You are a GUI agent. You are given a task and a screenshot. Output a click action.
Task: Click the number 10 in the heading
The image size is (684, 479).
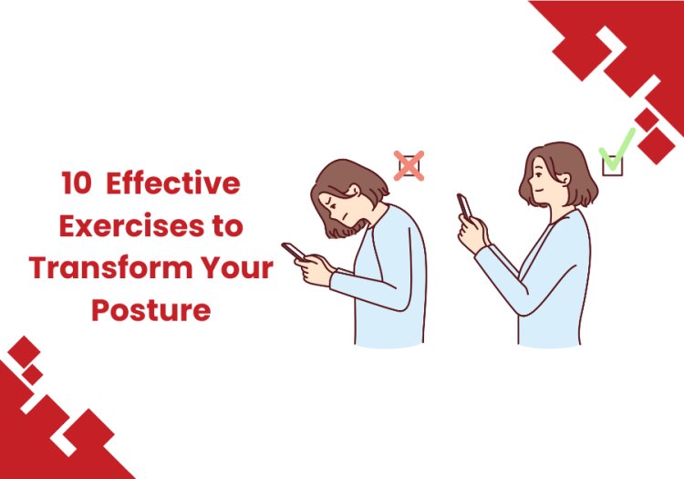tap(76, 183)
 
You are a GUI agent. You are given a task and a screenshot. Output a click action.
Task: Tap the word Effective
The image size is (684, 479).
tap(173, 182)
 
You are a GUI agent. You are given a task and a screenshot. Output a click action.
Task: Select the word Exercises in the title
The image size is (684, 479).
tap(130, 225)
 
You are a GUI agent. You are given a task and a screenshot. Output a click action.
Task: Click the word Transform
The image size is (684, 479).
tap(111, 267)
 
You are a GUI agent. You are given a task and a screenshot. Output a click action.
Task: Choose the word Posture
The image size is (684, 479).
tap(150, 309)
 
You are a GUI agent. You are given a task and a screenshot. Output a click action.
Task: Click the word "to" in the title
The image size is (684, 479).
tap(227, 226)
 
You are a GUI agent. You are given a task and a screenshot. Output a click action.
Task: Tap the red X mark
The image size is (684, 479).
tap(409, 166)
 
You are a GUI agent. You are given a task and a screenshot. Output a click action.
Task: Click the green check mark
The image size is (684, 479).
tap(617, 150)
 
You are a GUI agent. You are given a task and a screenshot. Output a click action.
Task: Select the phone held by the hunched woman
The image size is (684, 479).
tap(293, 251)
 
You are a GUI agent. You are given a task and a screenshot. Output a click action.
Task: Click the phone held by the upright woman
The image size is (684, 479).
tap(464, 206)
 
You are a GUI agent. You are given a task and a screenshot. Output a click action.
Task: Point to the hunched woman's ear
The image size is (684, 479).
tap(354, 190)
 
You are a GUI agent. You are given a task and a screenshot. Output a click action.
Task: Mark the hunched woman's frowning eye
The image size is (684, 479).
tap(329, 202)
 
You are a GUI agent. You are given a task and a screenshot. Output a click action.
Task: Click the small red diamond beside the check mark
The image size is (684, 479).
tap(647, 120)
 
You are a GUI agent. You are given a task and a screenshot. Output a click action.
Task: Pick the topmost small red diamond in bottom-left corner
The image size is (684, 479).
tap(24, 351)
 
